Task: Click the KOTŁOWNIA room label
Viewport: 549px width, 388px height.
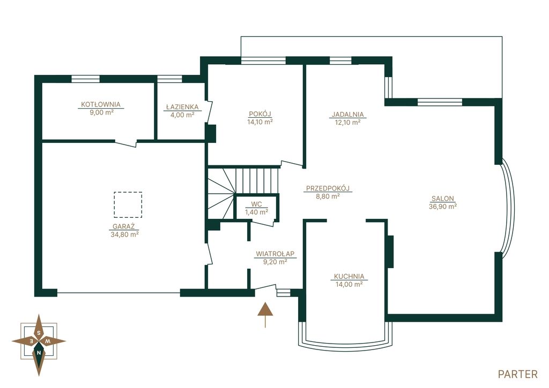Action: coord(100,104)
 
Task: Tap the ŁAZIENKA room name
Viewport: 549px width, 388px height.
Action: coord(182,107)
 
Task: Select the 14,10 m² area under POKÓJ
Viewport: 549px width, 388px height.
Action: coord(260,122)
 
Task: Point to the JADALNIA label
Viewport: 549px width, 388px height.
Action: coord(347,115)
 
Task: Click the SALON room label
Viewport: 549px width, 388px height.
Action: coord(442,199)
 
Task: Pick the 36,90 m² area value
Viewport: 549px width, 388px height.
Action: coord(442,207)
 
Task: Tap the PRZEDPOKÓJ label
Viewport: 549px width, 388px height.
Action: coord(328,188)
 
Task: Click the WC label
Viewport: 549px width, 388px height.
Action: coord(256,204)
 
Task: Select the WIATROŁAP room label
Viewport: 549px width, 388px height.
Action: coord(275,254)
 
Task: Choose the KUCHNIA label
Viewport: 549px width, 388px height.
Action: coord(348,277)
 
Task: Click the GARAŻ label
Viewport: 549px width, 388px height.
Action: coord(124,226)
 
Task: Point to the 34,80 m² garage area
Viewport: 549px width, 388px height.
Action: coord(124,234)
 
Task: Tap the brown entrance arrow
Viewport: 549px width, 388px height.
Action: coord(265,314)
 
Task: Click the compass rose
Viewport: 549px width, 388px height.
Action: coord(39,341)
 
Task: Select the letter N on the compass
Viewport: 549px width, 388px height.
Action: coord(39,353)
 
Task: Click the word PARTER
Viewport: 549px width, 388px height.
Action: coord(517,375)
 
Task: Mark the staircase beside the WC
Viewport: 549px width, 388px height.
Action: coord(243,193)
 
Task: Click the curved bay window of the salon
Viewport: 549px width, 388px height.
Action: coord(509,208)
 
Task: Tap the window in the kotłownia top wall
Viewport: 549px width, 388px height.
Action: coord(85,79)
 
